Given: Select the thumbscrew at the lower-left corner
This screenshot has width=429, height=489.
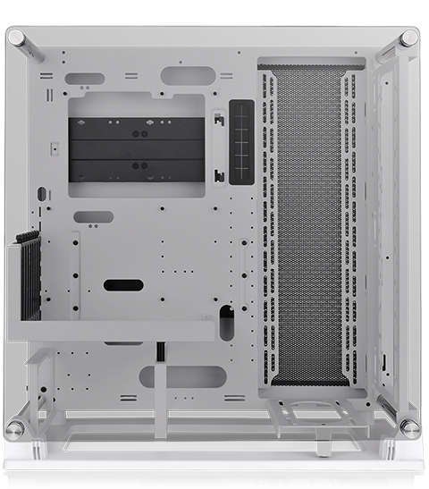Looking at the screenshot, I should coord(15,428).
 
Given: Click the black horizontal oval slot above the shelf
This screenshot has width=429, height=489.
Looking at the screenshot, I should coord(123,285).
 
